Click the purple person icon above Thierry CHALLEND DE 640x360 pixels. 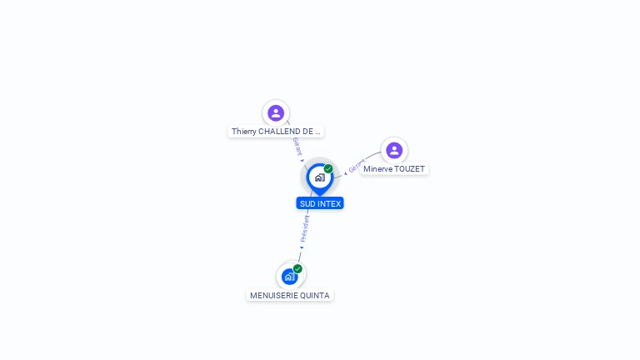click(x=276, y=112)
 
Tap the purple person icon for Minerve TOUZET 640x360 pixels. click(x=394, y=150)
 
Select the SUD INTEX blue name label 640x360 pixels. click(x=320, y=203)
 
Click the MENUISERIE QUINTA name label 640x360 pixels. click(x=290, y=295)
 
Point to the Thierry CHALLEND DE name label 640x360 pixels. click(x=276, y=131)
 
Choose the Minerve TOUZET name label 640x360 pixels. click(x=394, y=168)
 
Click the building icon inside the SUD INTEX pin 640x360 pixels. click(x=319, y=177)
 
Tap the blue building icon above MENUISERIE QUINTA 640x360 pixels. click(x=289, y=276)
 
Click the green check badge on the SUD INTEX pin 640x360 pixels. click(x=328, y=168)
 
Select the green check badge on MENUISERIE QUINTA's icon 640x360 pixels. click(x=297, y=268)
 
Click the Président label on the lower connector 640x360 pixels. click(x=304, y=227)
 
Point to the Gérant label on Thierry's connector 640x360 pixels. click(x=297, y=146)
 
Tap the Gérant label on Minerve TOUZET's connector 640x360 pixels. click(x=356, y=165)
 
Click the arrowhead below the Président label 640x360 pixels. click(x=302, y=247)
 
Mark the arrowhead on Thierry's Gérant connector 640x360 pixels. click(x=302, y=160)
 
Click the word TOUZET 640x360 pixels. click(x=409, y=168)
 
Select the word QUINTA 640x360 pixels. click(x=314, y=295)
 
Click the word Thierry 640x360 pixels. click(x=243, y=131)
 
